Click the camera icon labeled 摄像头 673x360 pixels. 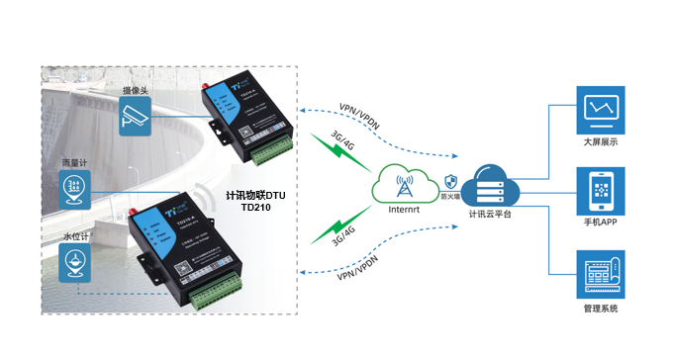[135, 119]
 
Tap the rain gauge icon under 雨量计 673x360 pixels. [74, 187]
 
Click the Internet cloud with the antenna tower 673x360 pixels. [403, 183]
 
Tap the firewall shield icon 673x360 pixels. [451, 182]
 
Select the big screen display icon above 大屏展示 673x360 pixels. [601, 108]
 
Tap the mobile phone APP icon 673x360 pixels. [601, 190]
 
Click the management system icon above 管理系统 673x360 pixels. [601, 274]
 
